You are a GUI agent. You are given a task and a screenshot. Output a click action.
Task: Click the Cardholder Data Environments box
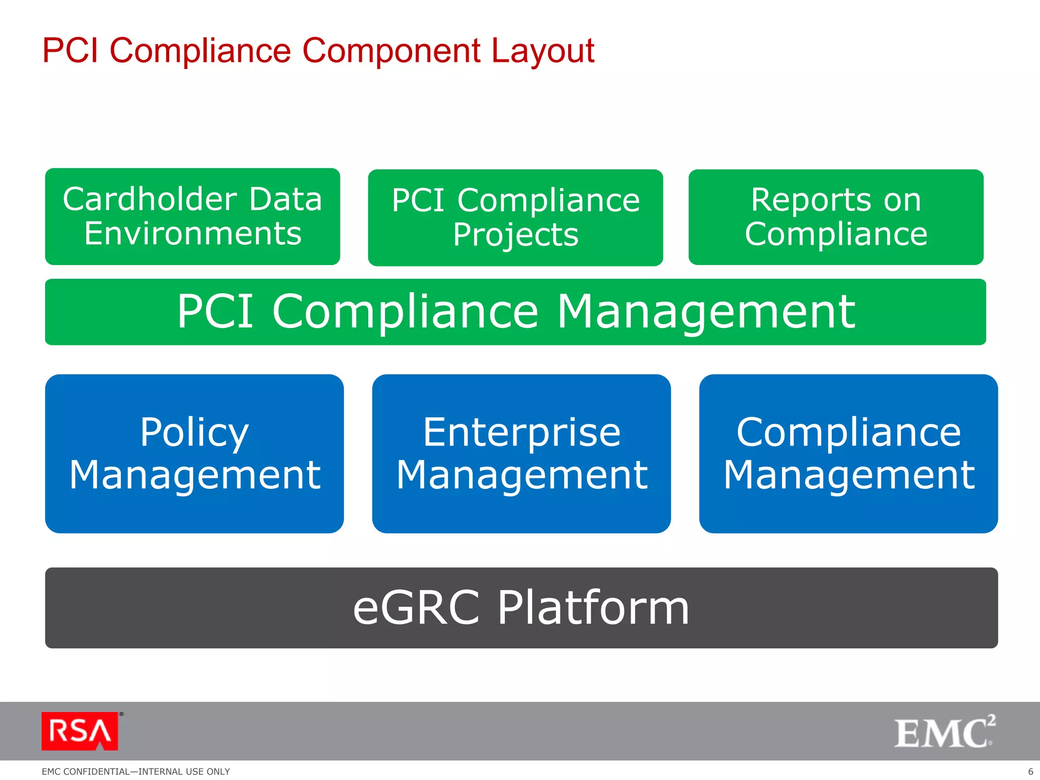tap(192, 216)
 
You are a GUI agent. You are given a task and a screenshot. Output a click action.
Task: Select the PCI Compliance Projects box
tap(515, 217)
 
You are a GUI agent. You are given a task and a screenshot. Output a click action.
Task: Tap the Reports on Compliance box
tap(836, 217)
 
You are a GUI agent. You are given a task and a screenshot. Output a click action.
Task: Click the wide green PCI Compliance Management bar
tap(515, 312)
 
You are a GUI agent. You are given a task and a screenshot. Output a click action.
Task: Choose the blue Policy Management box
tap(194, 453)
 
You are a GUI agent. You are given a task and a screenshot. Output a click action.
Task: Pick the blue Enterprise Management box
tap(522, 453)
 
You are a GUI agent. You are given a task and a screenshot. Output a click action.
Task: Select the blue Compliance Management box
tap(849, 453)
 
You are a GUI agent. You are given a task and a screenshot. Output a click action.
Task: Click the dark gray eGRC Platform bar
tap(522, 608)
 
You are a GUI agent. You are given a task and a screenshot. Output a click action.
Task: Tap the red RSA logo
tap(80, 731)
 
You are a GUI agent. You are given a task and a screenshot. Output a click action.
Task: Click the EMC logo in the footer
tap(944, 732)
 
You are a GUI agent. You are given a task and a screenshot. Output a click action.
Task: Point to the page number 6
tap(1030, 771)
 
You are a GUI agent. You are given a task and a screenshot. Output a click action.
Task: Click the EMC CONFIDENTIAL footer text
tap(136, 771)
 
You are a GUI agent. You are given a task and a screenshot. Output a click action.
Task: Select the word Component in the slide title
tap(391, 52)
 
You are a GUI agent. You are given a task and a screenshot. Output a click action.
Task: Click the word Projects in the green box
tap(515, 235)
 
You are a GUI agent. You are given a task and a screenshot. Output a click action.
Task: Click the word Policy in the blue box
tap(194, 433)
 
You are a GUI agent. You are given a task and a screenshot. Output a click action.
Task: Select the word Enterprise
tap(522, 433)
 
